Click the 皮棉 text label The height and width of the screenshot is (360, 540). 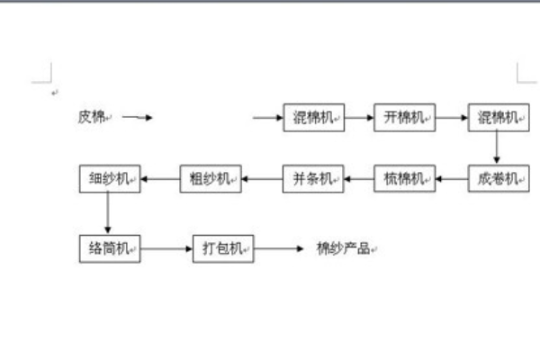tap(92, 117)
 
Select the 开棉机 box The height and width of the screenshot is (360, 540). tap(404, 118)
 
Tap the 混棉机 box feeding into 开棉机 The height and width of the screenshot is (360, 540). tap(314, 118)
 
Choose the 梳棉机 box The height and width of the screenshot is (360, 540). tap(404, 179)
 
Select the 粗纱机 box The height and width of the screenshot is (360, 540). tap(211, 179)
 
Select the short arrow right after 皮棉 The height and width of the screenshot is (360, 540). tap(138, 117)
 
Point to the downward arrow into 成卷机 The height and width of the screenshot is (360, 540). tap(497, 148)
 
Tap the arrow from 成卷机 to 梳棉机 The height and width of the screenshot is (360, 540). tap(451, 179)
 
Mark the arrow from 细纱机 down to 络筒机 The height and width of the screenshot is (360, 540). tap(109, 213)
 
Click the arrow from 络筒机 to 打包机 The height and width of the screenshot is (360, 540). tap(166, 248)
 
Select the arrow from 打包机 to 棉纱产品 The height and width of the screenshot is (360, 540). tap(280, 248)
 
